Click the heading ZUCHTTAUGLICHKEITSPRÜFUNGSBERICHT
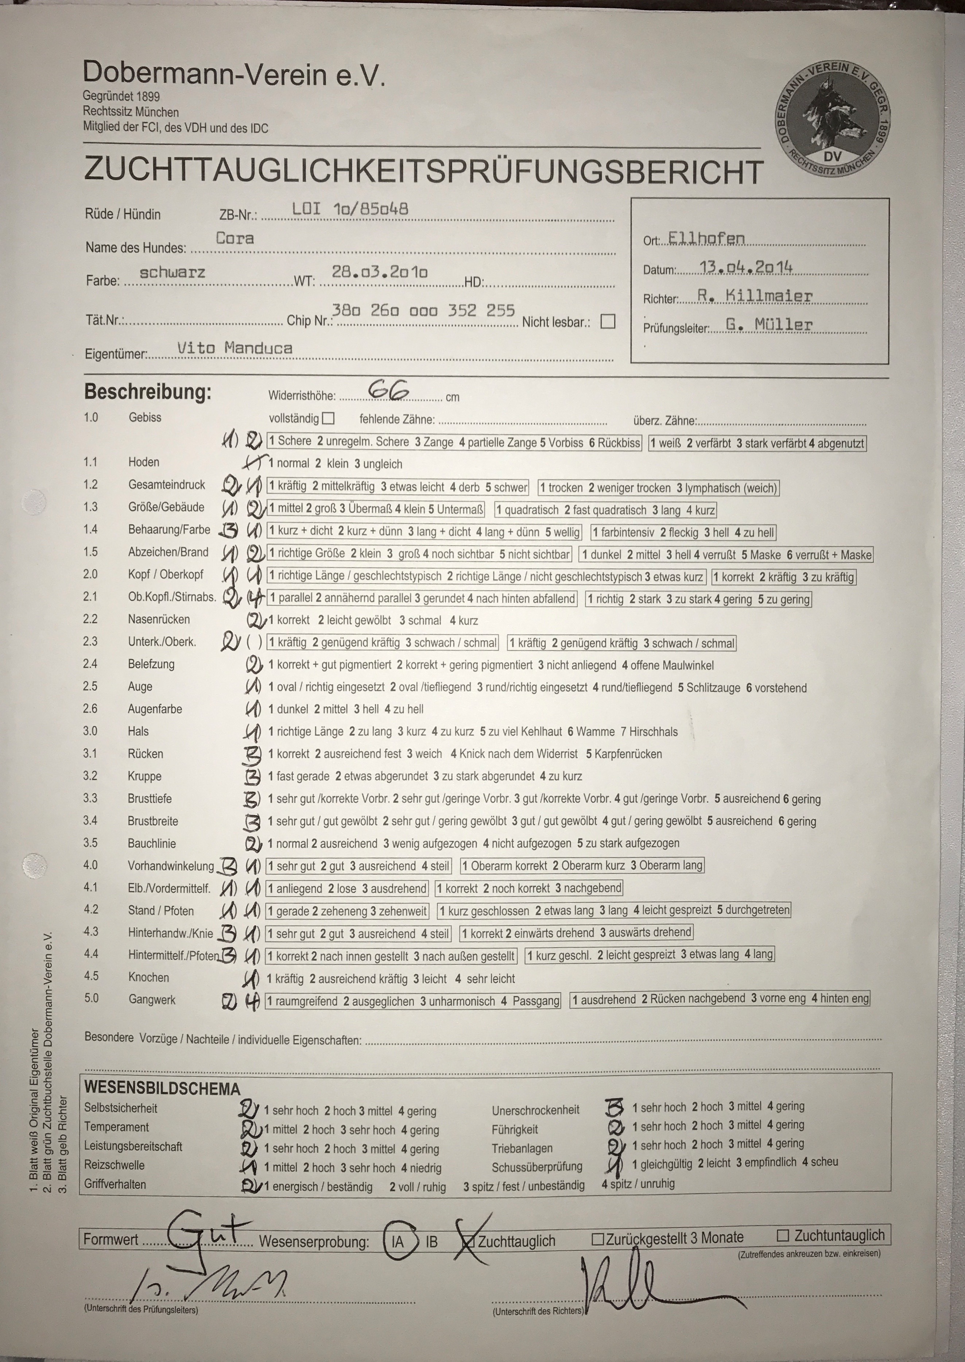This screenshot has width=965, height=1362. click(x=423, y=171)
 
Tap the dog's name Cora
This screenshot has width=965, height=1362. click(x=235, y=238)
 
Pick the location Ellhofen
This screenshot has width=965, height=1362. click(x=706, y=238)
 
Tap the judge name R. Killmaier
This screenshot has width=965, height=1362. click(x=755, y=295)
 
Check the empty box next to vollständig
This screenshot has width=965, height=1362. click(x=328, y=418)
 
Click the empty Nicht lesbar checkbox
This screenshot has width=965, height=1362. click(x=607, y=321)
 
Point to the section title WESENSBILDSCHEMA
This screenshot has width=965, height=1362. click(x=162, y=1089)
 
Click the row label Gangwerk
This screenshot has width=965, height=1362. click(x=152, y=999)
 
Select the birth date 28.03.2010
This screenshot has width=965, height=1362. click(x=379, y=272)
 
